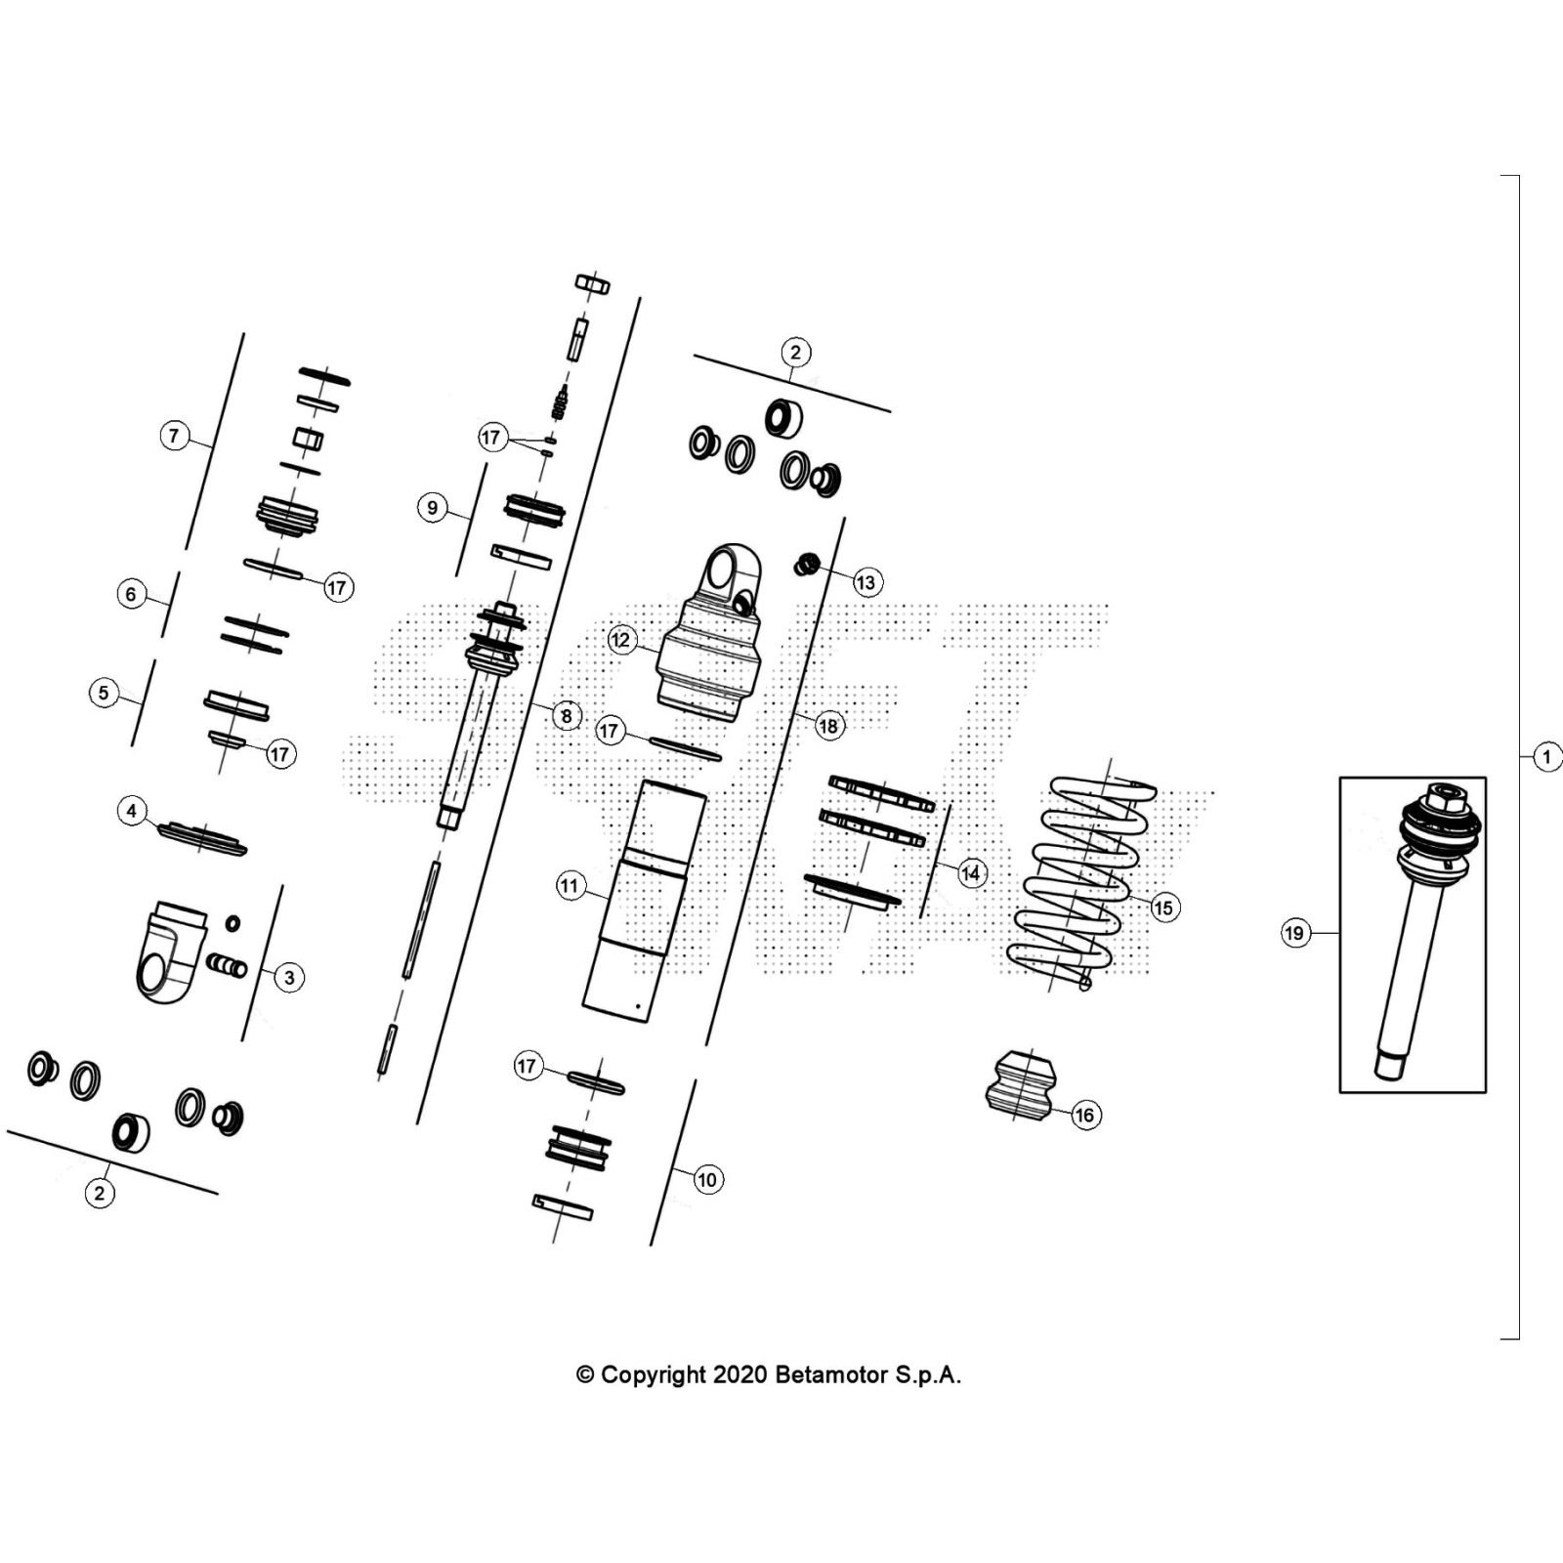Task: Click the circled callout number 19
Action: coord(1293,933)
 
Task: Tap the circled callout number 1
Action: coord(1546,756)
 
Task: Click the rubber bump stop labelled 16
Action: coord(1021,1084)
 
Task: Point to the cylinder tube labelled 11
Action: coord(640,899)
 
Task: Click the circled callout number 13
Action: coord(866,583)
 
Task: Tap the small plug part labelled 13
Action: coord(806,564)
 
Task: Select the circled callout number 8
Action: coord(567,716)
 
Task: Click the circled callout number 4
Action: coord(132,811)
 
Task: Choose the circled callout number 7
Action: coord(174,436)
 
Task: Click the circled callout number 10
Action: coord(706,1180)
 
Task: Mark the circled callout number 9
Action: coord(433,508)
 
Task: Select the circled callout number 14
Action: coord(970,873)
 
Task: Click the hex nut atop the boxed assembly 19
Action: coord(1442,795)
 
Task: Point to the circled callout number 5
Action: coord(105,694)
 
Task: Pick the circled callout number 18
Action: coord(828,726)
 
